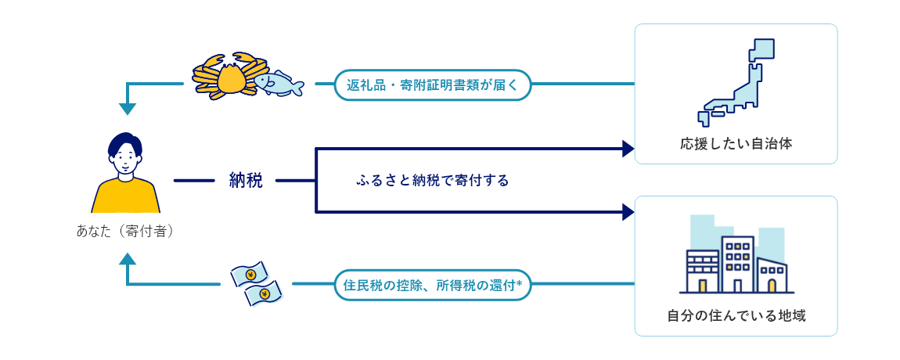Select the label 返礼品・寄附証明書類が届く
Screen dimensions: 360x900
point(433,84)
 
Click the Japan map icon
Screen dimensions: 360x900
point(736,82)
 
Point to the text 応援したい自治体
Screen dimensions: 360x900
point(736,144)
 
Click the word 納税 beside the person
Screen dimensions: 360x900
point(246,181)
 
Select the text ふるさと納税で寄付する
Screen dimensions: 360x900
point(432,181)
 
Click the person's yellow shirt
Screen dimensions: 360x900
point(126,197)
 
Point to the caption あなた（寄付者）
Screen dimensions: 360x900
point(125,232)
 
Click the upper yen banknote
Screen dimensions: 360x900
point(249,275)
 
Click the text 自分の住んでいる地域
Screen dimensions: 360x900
point(736,316)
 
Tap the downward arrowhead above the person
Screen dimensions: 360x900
point(127,109)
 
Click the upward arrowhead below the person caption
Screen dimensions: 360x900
point(127,258)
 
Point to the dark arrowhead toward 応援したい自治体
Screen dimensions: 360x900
point(627,149)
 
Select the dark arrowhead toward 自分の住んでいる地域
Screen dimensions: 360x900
point(627,211)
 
